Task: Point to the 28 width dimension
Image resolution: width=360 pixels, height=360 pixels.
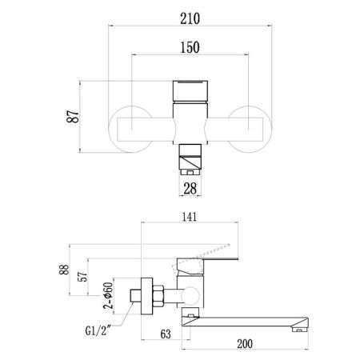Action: [190, 189]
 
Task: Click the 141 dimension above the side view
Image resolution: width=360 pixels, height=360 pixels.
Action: [190, 217]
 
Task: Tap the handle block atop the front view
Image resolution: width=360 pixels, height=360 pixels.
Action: [190, 89]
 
